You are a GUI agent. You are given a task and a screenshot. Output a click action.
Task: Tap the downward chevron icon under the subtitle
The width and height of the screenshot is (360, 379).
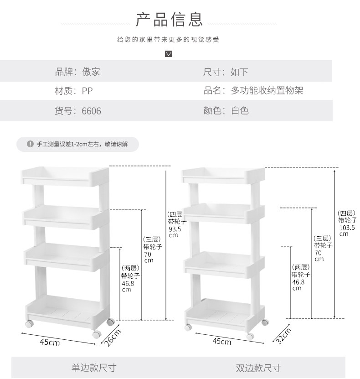click(169, 54)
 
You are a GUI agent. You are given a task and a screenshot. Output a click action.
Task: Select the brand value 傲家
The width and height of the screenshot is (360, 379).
click(91, 72)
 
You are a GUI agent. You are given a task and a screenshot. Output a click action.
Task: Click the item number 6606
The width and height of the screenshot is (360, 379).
click(92, 111)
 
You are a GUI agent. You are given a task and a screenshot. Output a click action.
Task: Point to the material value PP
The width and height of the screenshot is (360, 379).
click(87, 91)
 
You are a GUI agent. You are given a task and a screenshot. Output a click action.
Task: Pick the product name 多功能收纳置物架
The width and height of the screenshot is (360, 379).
click(267, 91)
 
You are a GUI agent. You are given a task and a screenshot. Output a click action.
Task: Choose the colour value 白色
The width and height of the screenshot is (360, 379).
click(240, 111)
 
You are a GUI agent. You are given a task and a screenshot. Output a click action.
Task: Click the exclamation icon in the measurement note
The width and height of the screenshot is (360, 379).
click(30, 144)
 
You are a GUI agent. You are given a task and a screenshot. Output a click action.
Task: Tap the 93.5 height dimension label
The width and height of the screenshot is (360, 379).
click(175, 228)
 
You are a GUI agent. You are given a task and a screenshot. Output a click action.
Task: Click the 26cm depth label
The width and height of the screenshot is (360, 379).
click(112, 338)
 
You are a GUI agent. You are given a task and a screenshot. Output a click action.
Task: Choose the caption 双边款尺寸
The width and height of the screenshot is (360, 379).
click(258, 368)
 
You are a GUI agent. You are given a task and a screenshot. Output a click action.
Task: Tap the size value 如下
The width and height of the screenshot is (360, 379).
click(239, 72)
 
